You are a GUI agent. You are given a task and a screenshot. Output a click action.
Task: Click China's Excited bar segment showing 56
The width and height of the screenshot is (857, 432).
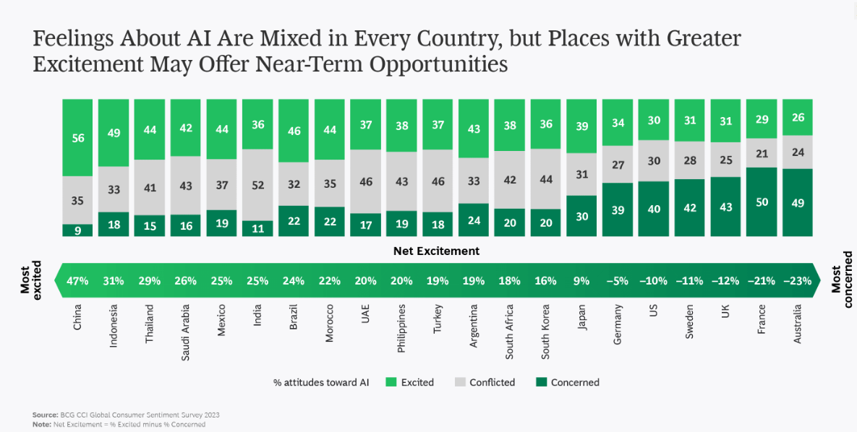pos(77,137)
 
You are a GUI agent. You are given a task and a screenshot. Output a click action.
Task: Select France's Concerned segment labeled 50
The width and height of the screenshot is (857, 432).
pos(762,202)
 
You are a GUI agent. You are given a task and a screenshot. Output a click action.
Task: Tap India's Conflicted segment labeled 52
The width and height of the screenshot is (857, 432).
pos(257,185)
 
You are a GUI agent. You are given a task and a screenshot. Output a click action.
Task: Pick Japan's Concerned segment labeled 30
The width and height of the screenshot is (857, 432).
pos(581,215)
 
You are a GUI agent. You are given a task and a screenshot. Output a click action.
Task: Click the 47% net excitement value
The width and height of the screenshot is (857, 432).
pos(77,280)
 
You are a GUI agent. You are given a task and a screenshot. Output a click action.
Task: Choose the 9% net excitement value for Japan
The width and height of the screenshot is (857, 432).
pos(581,280)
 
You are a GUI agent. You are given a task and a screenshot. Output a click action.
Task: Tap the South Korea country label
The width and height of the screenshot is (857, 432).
pos(545,329)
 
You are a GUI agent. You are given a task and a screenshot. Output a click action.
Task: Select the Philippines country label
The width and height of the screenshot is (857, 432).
pos(401,328)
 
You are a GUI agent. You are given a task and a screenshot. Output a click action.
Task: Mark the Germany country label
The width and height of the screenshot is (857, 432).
pos(618,324)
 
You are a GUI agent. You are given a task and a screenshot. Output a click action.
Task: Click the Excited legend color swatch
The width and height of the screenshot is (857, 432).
pos(391,382)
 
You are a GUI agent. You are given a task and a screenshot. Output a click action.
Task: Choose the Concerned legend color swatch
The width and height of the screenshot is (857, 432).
pos(541,382)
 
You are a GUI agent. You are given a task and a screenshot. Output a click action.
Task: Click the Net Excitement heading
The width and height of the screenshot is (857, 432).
pos(436,251)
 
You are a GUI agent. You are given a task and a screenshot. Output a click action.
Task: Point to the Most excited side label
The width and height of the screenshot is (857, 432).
pos(30,278)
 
